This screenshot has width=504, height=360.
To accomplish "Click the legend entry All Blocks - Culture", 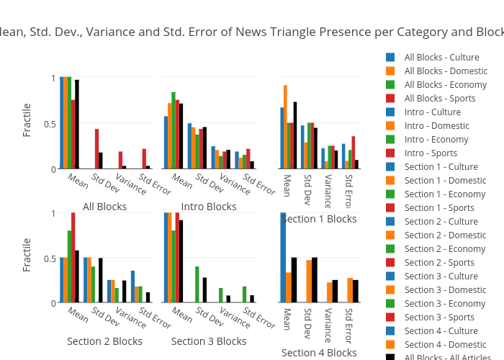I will (x=441, y=58).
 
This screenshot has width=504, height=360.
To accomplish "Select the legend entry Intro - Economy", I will (x=436, y=140).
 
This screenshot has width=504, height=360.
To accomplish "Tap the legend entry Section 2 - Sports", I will (x=440, y=263).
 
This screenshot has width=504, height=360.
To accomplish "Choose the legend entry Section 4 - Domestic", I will (x=445, y=345).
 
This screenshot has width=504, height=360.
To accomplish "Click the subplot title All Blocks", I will (x=104, y=207).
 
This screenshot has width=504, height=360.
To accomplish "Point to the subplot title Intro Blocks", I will (x=209, y=207).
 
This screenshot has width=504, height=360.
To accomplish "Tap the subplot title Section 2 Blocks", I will (x=104, y=341).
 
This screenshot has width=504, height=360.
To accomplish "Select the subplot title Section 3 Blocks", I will (x=209, y=341).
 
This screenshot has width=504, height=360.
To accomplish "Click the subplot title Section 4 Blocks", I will (x=319, y=353).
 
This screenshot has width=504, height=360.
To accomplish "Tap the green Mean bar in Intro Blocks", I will (x=174, y=130).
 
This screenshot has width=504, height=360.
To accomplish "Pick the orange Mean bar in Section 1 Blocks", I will (x=286, y=127).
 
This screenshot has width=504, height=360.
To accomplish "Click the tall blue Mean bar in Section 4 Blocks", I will (x=283, y=258).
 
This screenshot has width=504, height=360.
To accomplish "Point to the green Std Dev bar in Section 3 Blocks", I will (x=197, y=284).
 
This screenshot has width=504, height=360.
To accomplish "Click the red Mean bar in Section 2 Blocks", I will (x=73, y=258).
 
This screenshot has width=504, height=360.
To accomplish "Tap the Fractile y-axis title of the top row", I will (x=27, y=120).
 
